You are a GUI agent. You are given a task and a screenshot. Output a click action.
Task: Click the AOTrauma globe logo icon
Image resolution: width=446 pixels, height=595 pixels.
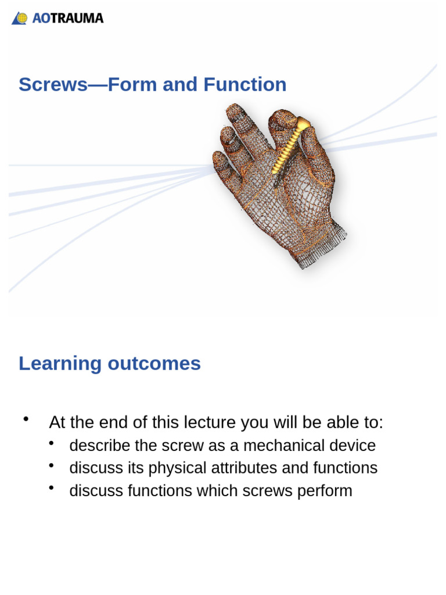(20, 19)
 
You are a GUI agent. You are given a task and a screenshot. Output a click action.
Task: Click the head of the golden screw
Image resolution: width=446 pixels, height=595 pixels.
(304, 123)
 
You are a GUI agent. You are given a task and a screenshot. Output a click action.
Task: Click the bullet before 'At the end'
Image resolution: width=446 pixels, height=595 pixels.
(26, 419)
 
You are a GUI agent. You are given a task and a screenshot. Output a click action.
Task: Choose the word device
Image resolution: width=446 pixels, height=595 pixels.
(350, 446)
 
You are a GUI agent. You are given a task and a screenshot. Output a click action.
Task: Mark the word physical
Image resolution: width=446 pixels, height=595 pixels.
(177, 468)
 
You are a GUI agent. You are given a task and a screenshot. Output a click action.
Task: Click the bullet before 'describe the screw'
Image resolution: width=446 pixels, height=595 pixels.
(52, 443)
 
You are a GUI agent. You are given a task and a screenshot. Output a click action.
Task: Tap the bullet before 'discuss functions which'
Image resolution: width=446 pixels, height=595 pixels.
(52, 488)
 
